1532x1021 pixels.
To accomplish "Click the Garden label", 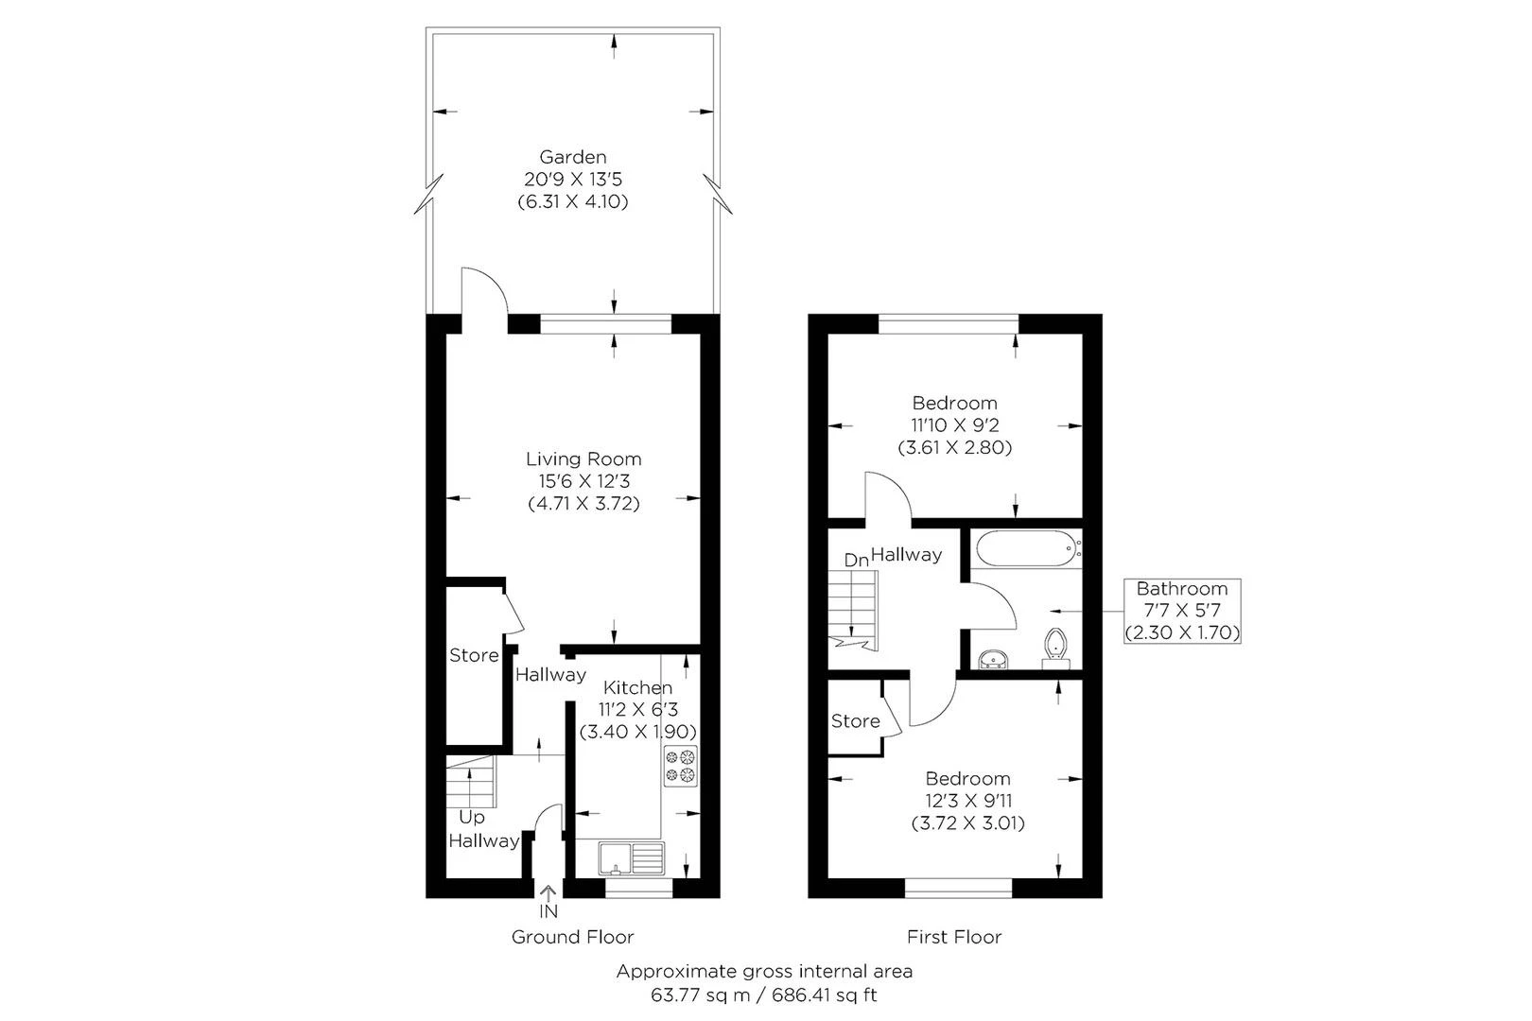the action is point(572,157).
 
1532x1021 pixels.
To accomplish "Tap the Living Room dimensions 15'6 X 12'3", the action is point(583,481).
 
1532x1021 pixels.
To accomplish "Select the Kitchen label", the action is point(637,687).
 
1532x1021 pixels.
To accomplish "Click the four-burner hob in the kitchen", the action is point(680,766).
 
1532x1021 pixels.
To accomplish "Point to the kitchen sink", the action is point(632,858).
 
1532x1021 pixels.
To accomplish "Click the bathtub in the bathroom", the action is point(1028,549).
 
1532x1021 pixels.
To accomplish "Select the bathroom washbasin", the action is point(992,659).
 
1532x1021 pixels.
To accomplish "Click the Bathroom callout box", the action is point(1182,611).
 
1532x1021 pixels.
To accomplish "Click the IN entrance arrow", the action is point(548,893).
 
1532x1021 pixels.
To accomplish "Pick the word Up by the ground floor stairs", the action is point(471,817).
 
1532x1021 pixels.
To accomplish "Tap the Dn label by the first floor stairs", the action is point(856,560).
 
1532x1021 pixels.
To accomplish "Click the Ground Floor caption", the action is point(572,937).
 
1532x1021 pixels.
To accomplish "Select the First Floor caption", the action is point(954,937).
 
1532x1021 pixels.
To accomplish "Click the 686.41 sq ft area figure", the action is point(824,995).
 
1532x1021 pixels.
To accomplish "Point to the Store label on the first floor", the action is point(855,720).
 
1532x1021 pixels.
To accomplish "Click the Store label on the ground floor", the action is point(473,655).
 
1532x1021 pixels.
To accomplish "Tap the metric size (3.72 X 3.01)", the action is point(967,822).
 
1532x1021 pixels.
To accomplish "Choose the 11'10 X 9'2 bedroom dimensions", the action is point(955,425).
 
